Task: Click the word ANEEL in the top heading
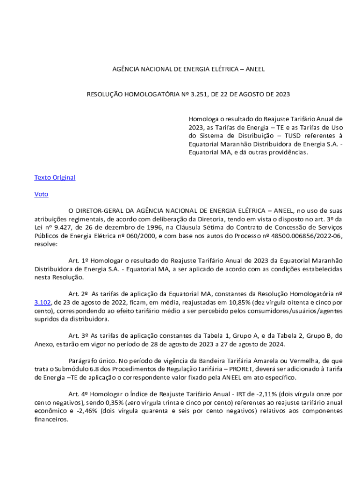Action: [x=255, y=69]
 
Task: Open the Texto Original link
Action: [x=55, y=178]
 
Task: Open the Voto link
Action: [x=41, y=194]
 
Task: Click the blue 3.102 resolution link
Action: [x=42, y=303]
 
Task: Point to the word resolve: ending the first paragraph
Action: [x=46, y=245]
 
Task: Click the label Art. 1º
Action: [x=78, y=261]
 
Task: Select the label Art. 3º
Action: [x=78, y=336]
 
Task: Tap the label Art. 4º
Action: [x=78, y=394]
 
